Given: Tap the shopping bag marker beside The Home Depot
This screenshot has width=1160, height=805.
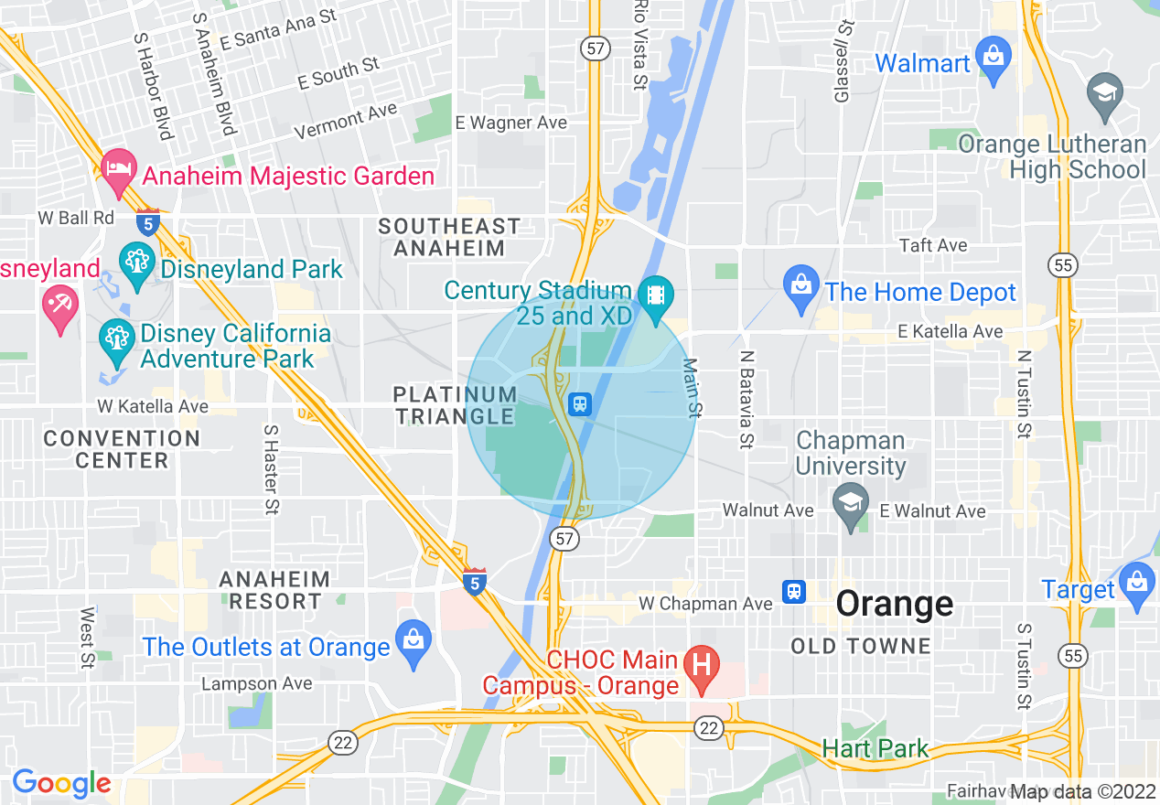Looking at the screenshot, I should [x=801, y=288].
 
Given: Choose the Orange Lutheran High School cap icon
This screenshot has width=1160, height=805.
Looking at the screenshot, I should [x=1105, y=95].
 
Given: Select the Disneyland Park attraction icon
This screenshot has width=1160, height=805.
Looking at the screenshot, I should [x=137, y=264].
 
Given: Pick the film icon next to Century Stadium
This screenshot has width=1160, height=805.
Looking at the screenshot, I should [x=655, y=298].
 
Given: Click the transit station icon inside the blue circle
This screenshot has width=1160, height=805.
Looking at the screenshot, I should [x=579, y=403].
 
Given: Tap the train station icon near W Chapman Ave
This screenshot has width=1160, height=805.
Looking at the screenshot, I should [x=794, y=591].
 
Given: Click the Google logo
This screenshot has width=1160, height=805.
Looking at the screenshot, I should [x=61, y=783].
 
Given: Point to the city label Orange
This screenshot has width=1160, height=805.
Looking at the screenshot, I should [x=895, y=604].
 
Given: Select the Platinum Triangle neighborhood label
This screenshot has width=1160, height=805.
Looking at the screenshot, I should [x=455, y=405].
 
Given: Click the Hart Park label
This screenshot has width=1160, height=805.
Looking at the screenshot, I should [x=875, y=748].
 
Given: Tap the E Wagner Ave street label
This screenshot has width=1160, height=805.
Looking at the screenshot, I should [x=510, y=123].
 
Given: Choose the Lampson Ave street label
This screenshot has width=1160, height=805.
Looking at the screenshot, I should [x=256, y=683].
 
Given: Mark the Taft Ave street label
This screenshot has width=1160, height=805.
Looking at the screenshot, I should [x=933, y=245].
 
